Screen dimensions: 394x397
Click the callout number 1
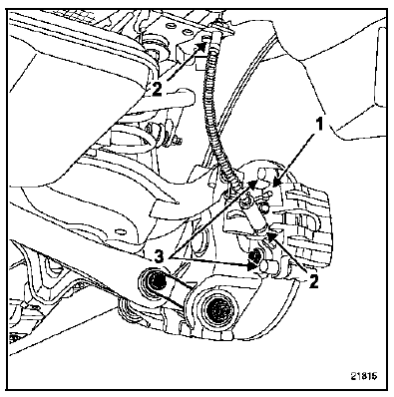[x=318, y=126]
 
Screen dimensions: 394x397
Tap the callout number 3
[x=160, y=257]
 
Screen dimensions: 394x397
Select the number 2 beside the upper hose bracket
[x=157, y=89]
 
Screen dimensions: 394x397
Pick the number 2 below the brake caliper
[x=313, y=281]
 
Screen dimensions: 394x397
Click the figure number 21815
[x=364, y=376]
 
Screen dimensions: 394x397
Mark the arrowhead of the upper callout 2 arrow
[x=202, y=45]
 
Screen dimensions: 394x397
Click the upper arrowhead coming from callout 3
[x=254, y=184]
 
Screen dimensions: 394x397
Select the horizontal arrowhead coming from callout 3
[x=251, y=265]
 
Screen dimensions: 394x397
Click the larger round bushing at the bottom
[x=217, y=309]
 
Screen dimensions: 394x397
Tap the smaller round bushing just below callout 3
[x=155, y=282]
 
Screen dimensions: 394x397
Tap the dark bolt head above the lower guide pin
[x=255, y=255]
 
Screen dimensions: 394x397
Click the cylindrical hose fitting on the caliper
[x=256, y=217]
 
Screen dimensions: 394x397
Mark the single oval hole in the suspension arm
[x=120, y=231]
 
